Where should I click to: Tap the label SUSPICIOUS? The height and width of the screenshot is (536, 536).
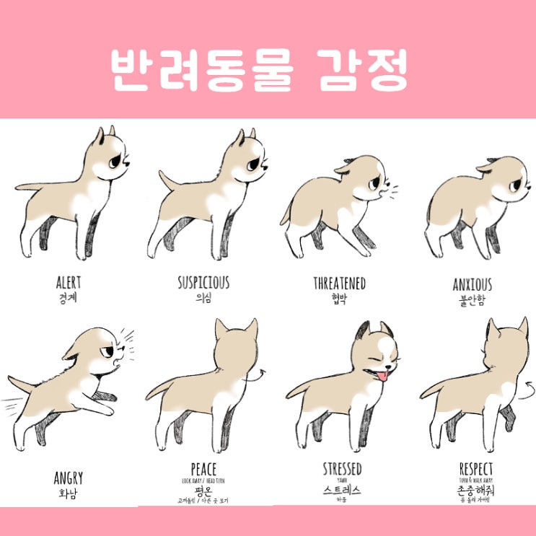[x=203, y=281]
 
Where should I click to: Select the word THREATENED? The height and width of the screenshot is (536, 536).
[x=339, y=284]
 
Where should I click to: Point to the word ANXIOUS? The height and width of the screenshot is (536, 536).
[x=472, y=285]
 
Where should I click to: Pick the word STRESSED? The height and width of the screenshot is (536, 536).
[x=342, y=470]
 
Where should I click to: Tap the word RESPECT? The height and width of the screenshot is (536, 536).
[x=476, y=470]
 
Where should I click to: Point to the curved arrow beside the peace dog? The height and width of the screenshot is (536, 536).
[x=258, y=375]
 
